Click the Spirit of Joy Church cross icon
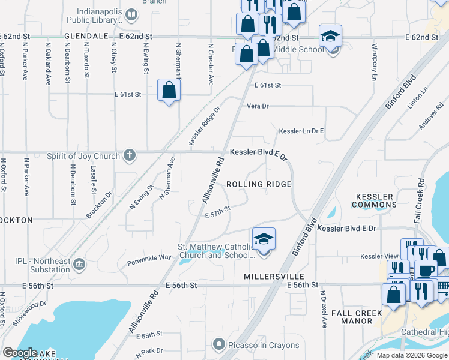pyautogui.click(x=129, y=156)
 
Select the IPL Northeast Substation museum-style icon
pyautogui.click(x=79, y=264)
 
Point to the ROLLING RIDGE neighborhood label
pyautogui.click(x=259, y=184)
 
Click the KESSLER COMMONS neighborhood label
pyautogui.click(x=375, y=200)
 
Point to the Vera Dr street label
pyautogui.click(x=257, y=106)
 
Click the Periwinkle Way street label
pyautogui.click(x=149, y=257)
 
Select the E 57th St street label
pyautogui.click(x=218, y=212)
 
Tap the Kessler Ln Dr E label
pyautogui.click(x=301, y=131)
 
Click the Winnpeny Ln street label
pyautogui.click(x=373, y=62)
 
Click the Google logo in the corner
pyautogui.click(x=20, y=353)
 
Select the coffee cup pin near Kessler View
pyautogui.click(x=426, y=270)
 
